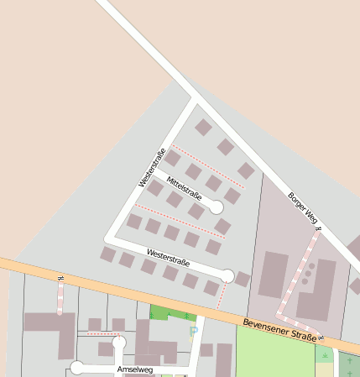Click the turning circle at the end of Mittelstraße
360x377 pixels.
tap(216, 207)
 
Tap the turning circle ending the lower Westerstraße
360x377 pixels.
tap(227, 275)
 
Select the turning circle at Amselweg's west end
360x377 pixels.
tap(77, 367)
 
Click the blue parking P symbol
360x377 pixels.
tap(194, 331)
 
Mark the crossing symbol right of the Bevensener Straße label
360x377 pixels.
tap(321, 338)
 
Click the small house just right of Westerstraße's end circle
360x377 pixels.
tap(243, 279)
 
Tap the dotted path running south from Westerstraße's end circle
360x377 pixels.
tap(222, 294)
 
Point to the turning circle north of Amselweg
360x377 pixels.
tap(119, 342)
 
